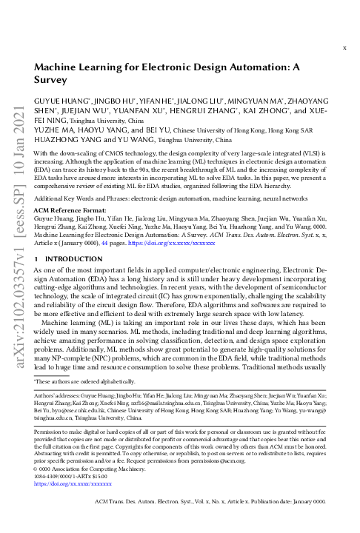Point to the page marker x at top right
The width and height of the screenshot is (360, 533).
pyautogui.click(x=344, y=47)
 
